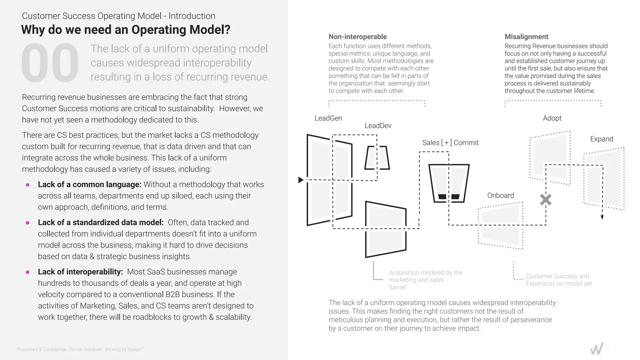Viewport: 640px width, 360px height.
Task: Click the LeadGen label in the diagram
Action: click(x=328, y=118)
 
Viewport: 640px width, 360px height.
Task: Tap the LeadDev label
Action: click(x=378, y=126)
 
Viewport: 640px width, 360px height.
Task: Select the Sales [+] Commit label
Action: click(x=450, y=142)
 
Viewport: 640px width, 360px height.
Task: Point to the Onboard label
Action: click(x=500, y=195)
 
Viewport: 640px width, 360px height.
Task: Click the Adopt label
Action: click(x=552, y=118)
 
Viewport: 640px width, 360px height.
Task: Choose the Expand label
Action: click(x=601, y=139)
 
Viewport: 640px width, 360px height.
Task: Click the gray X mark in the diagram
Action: click(x=546, y=200)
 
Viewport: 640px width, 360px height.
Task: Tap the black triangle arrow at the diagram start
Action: click(x=301, y=180)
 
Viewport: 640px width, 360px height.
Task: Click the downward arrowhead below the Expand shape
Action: click(x=602, y=217)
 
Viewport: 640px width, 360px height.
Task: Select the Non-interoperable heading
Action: click(x=357, y=37)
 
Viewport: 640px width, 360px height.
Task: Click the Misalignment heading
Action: click(x=526, y=37)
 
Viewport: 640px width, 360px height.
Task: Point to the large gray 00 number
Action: click(x=50, y=63)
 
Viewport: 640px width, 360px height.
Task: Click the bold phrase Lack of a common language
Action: click(x=90, y=184)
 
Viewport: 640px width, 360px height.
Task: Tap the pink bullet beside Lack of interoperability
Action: click(x=27, y=272)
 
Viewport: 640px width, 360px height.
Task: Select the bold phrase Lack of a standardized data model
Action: click(x=101, y=222)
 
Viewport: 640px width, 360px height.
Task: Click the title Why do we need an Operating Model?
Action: click(x=126, y=30)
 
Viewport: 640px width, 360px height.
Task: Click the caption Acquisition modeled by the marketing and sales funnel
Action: click(x=425, y=280)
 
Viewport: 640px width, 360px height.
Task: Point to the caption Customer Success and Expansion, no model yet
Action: click(x=559, y=280)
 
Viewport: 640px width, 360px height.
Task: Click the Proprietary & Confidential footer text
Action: click(x=80, y=349)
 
